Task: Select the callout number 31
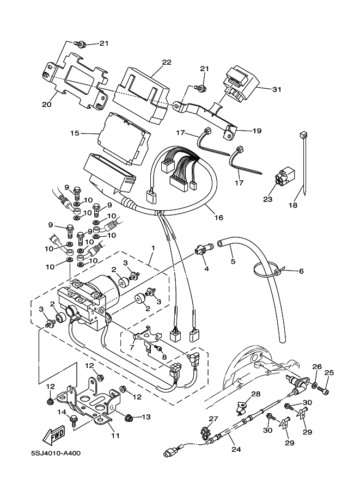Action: pyautogui.click(x=276, y=89)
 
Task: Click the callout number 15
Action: pyautogui.click(x=75, y=132)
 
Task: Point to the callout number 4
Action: pyautogui.click(x=206, y=268)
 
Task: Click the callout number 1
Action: pyautogui.click(x=154, y=248)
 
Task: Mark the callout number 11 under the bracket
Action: pyautogui.click(x=115, y=435)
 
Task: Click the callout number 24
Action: pyautogui.click(x=235, y=450)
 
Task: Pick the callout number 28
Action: pyautogui.click(x=255, y=394)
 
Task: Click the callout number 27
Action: pyautogui.click(x=213, y=418)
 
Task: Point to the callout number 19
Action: pyautogui.click(x=257, y=131)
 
